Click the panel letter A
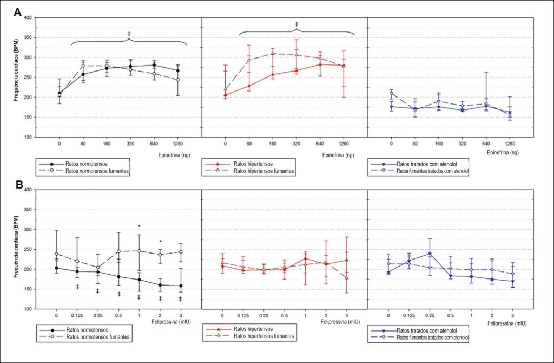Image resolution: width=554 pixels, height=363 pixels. point(18,12)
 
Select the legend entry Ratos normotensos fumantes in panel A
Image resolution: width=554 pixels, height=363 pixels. point(97,171)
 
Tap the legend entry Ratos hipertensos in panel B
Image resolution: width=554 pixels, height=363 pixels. point(253,329)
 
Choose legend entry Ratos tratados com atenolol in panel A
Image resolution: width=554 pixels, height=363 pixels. point(427,164)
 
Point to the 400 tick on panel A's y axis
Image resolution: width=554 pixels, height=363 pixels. point(28,18)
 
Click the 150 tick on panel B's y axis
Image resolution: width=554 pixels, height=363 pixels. point(28,289)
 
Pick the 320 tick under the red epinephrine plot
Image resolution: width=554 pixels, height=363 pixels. point(296,144)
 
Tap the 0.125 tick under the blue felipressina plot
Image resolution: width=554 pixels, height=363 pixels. point(409,315)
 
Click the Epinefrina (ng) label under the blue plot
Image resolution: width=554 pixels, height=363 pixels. point(503,153)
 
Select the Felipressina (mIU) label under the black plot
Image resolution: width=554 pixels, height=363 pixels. point(172,322)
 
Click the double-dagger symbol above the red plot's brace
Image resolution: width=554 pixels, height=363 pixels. point(296,24)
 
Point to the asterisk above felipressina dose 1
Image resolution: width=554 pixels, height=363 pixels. point(140,226)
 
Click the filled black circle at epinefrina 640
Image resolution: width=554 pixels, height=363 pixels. point(154,65)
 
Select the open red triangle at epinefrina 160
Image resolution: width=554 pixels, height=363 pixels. point(273,54)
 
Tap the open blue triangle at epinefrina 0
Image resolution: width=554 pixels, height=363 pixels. point(391,93)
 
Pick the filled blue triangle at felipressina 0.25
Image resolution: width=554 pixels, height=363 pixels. point(430,254)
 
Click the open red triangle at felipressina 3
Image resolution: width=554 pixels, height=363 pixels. point(347,278)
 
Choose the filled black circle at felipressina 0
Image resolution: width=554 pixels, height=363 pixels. point(56,268)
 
